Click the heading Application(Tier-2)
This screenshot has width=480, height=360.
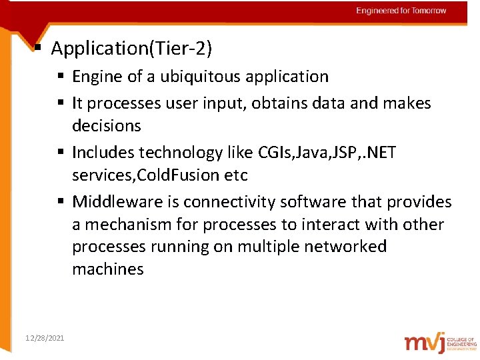click(x=131, y=48)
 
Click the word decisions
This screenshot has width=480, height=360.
click(x=107, y=126)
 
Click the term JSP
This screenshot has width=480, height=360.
click(x=347, y=153)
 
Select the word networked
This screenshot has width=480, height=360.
click(x=345, y=247)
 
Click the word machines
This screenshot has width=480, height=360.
click(x=107, y=269)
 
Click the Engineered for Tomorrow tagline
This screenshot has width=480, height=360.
click(x=401, y=11)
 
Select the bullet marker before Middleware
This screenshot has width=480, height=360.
click(x=61, y=202)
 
